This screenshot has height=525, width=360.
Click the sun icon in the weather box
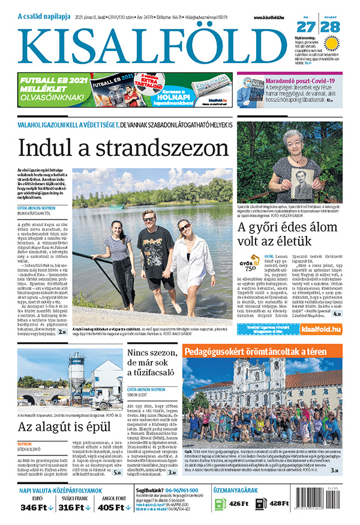[331, 42]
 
